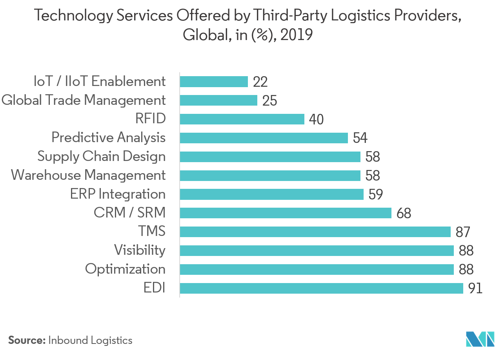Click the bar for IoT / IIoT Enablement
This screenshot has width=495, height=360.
214,82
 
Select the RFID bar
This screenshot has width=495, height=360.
242,119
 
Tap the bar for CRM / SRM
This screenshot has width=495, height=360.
286,213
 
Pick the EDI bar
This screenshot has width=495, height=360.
321,288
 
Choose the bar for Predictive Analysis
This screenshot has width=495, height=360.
264,138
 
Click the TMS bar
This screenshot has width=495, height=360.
315,232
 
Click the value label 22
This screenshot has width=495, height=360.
260,82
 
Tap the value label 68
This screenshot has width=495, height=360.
404,213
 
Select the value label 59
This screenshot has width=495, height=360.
375,194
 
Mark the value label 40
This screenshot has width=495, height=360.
316,119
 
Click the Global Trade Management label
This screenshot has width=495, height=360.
83,101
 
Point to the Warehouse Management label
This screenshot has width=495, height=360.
88,175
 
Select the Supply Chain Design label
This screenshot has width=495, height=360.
101,157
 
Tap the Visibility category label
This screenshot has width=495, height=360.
140,250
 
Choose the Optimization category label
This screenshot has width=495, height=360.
125,269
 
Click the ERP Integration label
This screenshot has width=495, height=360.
118,194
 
